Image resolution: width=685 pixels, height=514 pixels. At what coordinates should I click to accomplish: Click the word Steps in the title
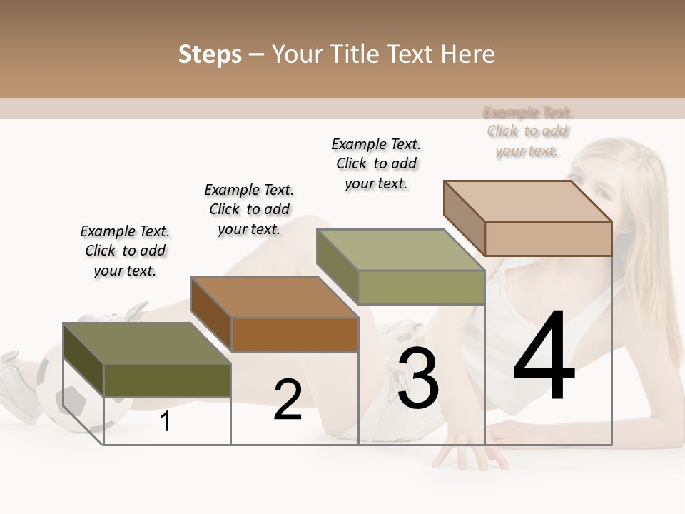click(210, 54)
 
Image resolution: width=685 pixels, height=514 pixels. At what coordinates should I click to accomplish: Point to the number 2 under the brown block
click(288, 400)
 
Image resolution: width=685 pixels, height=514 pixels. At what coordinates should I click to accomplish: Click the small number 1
click(166, 421)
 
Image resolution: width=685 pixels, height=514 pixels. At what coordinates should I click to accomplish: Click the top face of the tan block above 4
click(528, 201)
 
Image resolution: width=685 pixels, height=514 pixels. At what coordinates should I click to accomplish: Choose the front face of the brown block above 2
click(295, 334)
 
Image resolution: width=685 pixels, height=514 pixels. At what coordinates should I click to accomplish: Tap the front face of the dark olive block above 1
click(167, 380)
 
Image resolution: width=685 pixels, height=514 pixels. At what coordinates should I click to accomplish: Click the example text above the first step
click(125, 251)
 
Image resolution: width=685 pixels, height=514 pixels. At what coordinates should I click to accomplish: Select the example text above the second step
click(249, 209)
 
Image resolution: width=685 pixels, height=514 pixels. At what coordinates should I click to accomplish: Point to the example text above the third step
click(376, 163)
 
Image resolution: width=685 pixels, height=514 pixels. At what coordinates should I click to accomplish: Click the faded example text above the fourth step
click(528, 131)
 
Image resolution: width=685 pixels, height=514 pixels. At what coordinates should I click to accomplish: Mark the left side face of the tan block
click(464, 218)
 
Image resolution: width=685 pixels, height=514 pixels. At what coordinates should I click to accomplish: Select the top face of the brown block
click(275, 296)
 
